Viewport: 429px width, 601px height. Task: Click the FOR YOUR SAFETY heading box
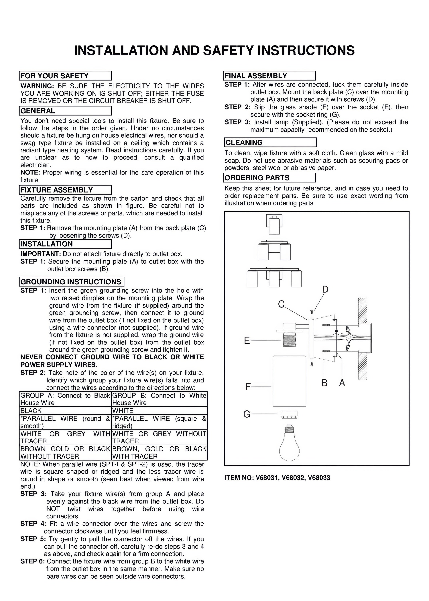(65, 76)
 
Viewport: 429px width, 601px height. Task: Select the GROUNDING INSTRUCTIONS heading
(72, 282)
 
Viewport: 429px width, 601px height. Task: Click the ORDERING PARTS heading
(270, 178)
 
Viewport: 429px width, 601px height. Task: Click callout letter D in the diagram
(325, 290)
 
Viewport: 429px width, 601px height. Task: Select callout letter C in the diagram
(281, 304)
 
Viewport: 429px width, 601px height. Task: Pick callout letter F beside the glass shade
(247, 387)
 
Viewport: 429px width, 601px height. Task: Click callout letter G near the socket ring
(247, 414)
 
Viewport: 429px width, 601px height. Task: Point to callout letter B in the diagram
(324, 383)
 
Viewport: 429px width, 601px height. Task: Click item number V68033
(319, 478)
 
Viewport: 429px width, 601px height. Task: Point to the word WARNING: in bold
(37, 86)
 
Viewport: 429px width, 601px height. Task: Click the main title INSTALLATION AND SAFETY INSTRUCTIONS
(214, 50)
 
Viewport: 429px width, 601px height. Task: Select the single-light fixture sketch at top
(274, 225)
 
